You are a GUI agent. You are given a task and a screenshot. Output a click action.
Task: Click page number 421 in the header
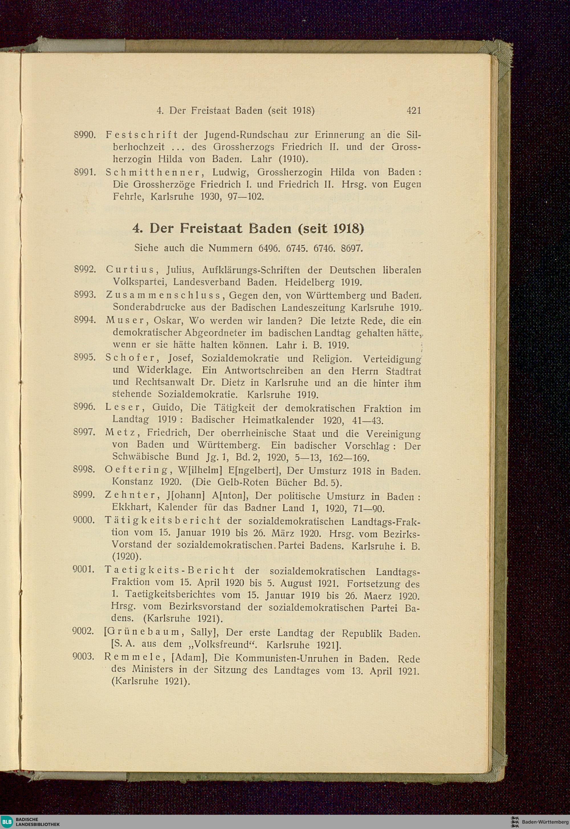tap(414, 111)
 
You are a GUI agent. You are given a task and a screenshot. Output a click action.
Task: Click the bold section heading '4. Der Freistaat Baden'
tap(248, 229)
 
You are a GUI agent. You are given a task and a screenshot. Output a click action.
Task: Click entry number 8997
tap(83, 432)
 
